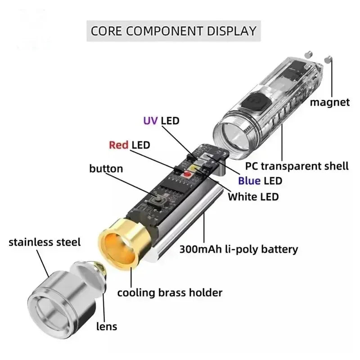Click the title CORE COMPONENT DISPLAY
pyautogui.click(x=173, y=31)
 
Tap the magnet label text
pyautogui.click(x=329, y=102)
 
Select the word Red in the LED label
pyautogui.click(x=119, y=145)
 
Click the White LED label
pyautogui.click(x=253, y=196)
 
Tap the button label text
pyautogui.click(x=106, y=169)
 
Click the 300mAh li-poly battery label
pyautogui.click(x=238, y=248)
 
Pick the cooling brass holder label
pyautogui.click(x=170, y=292)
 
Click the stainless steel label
pyautogui.click(x=45, y=242)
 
